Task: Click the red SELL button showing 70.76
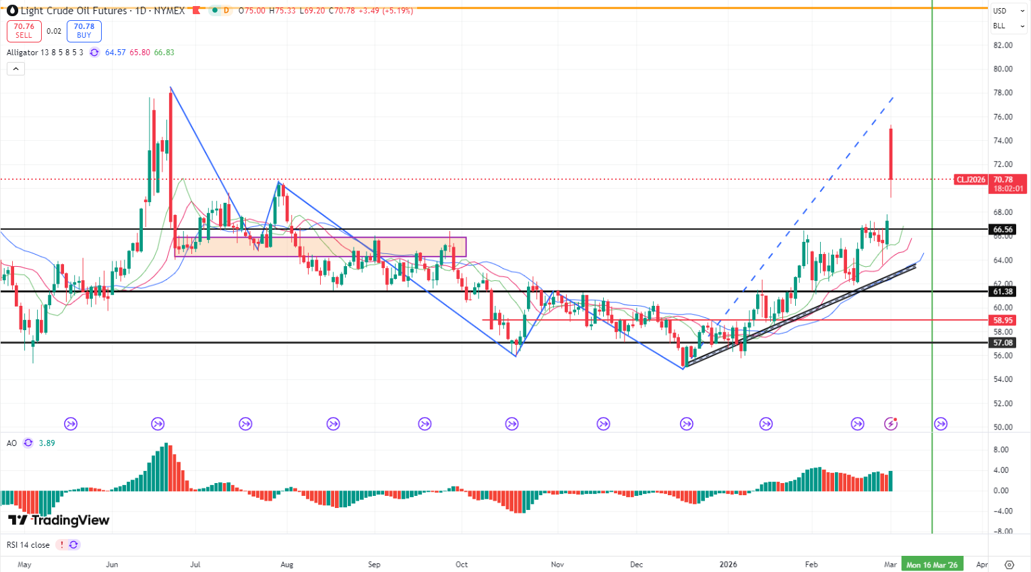tap(24, 31)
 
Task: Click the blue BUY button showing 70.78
tap(84, 31)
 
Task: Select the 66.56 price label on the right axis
tap(1003, 230)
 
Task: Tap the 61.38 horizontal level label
tap(1003, 292)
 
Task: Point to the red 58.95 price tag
tap(1003, 321)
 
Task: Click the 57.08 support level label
tap(1003, 343)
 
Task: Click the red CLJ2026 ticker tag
tap(971, 180)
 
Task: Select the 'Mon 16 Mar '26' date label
tap(932, 565)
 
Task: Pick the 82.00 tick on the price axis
tap(1003, 45)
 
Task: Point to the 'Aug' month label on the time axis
tap(287, 565)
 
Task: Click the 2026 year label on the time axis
tap(728, 565)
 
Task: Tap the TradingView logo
tap(59, 520)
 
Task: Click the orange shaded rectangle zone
tap(320, 247)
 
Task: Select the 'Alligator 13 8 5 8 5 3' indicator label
tap(45, 53)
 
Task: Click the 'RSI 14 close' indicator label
tap(28, 545)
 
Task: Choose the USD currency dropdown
tap(1008, 11)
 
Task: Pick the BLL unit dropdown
tap(1008, 26)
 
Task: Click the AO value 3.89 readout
tap(47, 443)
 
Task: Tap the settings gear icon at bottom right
tap(1009, 565)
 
